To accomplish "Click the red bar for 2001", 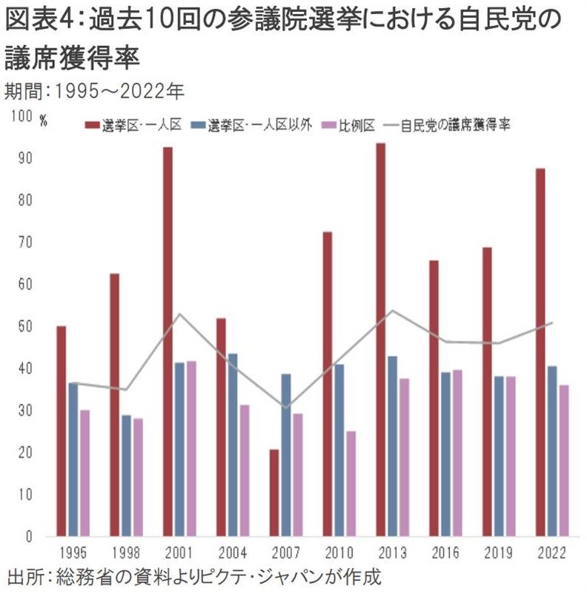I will tap(168, 341).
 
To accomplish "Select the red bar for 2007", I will tap(274, 492).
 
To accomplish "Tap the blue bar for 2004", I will tap(233, 444).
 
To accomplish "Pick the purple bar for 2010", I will tap(351, 483).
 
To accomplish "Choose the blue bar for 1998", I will tap(126, 475).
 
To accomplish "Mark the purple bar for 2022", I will tap(564, 460).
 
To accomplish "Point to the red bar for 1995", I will tap(61, 431).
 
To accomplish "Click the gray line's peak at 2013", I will tap(392, 311).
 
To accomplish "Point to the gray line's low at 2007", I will tap(285, 407).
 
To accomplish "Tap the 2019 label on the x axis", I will tap(498, 553).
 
